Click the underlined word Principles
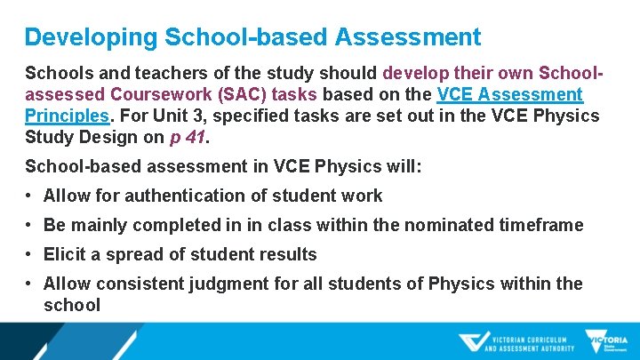[68, 116]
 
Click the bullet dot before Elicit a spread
[30, 254]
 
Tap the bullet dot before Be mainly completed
[30, 225]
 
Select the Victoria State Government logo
[607, 341]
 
